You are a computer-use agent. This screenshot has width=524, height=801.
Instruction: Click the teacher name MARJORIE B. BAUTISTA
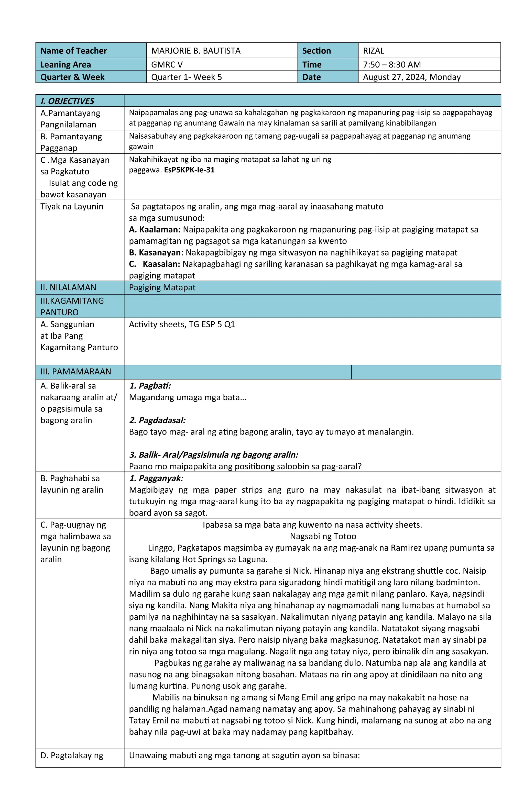(x=196, y=51)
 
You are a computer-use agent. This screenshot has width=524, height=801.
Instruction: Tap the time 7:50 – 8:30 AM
(x=392, y=65)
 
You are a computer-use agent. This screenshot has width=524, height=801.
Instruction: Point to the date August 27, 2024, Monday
(x=411, y=77)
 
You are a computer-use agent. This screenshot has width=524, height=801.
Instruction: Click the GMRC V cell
(x=167, y=65)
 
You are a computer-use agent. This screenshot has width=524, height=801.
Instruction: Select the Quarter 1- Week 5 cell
(x=186, y=77)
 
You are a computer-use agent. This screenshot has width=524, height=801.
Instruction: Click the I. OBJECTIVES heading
(x=67, y=101)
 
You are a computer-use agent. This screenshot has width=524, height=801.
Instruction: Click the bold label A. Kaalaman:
(x=155, y=229)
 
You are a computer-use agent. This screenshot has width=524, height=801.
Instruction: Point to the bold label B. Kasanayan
(x=155, y=253)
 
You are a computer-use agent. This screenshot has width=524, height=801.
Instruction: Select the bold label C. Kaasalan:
(x=155, y=264)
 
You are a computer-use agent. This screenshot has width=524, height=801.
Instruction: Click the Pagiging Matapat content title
(x=162, y=288)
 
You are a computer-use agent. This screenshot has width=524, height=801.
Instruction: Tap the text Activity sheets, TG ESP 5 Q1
(x=182, y=325)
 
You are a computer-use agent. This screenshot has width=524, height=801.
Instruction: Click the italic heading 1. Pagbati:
(x=150, y=386)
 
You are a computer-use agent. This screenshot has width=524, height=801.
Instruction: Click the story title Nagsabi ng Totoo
(x=323, y=536)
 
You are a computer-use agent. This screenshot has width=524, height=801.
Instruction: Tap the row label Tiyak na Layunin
(x=72, y=207)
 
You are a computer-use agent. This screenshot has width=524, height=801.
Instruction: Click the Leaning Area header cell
(x=66, y=65)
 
